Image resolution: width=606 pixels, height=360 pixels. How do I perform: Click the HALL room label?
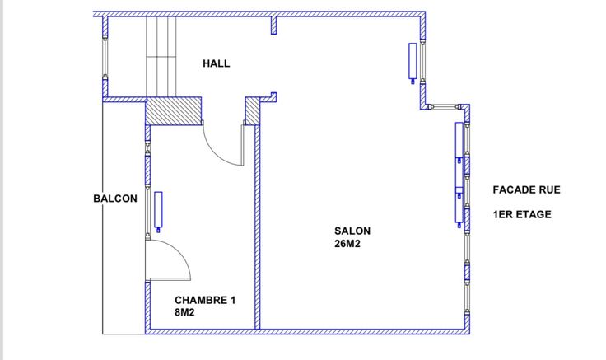[x=216, y=63]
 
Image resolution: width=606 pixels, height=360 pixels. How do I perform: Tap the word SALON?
[x=352, y=231]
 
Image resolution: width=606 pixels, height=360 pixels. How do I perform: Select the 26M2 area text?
[x=347, y=244]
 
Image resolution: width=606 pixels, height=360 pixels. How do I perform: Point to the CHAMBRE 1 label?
[x=205, y=300]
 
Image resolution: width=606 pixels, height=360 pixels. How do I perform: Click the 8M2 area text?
[x=184, y=312]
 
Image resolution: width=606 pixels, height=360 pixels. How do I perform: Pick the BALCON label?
[x=115, y=199]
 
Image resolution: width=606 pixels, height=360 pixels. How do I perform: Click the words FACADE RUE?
[x=526, y=189]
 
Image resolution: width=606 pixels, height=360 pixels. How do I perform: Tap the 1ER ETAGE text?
[x=522, y=214]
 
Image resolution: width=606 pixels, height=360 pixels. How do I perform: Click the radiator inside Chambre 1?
[x=158, y=211]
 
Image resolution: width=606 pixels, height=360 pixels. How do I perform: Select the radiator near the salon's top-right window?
[x=413, y=62]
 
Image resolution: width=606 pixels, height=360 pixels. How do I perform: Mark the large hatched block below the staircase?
[x=174, y=111]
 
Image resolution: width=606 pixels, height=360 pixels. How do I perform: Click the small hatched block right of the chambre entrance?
[x=253, y=111]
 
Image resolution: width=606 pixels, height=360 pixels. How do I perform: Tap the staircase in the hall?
[x=161, y=57]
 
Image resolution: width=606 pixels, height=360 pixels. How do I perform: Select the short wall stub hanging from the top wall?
[x=273, y=26]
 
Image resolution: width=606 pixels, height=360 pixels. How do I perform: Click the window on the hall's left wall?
[x=105, y=57]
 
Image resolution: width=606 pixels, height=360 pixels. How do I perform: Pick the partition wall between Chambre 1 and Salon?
[x=258, y=227]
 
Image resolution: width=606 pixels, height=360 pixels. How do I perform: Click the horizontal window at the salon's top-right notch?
[x=444, y=107]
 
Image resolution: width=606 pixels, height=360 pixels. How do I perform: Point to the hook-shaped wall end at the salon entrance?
[x=273, y=97]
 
